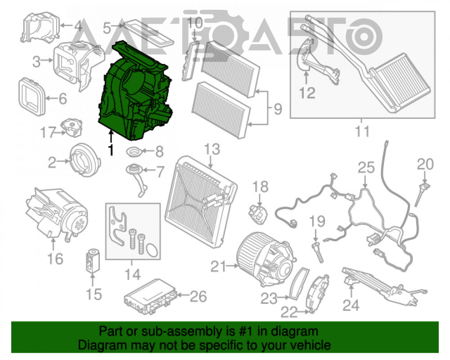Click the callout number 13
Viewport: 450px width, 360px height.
212,149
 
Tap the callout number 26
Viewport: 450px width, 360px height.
198,296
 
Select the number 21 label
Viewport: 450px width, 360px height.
219,266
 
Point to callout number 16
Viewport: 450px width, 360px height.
55,259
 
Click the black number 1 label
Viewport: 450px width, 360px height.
111,149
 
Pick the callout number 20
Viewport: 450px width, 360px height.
425,164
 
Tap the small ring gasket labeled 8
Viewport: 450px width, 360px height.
134,152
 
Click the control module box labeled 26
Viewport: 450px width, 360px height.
150,296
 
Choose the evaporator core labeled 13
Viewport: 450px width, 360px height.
201,202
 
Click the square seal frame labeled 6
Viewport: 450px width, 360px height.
32,97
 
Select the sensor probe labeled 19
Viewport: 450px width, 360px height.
317,252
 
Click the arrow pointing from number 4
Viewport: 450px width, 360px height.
66,26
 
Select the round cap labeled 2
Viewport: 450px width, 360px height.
85,160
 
